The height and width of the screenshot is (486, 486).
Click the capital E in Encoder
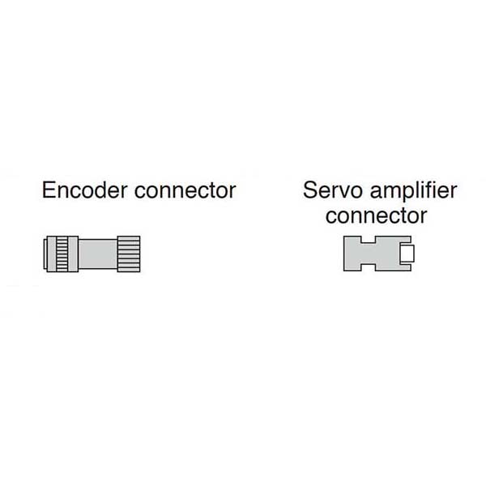[48, 191]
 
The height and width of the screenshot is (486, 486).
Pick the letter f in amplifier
[439, 190]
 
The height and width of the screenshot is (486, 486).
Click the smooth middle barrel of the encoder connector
[99, 254]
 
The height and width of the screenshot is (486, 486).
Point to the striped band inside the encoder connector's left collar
[61, 254]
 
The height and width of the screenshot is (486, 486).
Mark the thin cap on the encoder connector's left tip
[45, 254]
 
